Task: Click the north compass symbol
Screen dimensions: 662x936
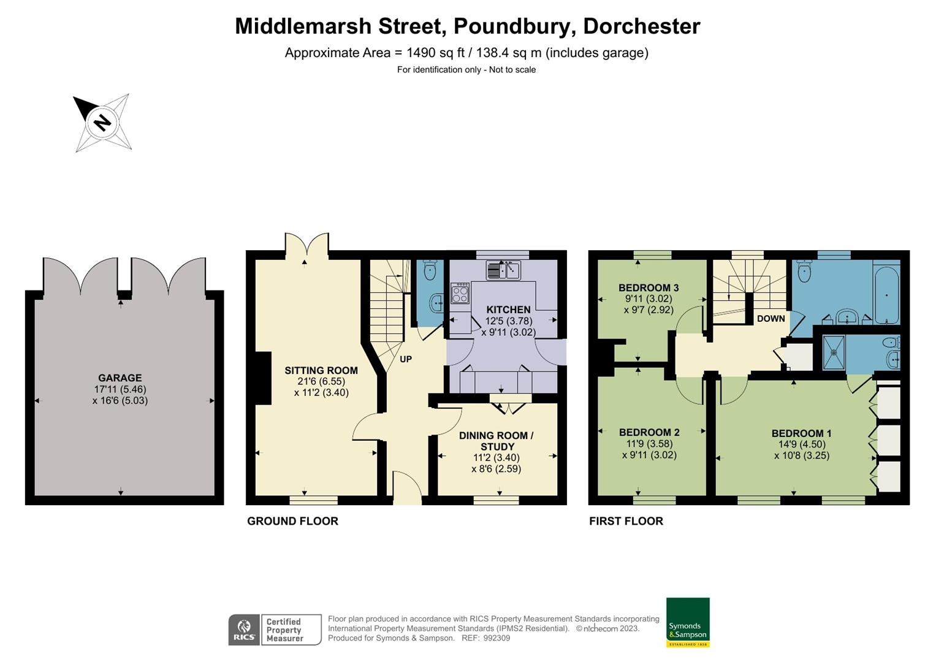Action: [102, 122]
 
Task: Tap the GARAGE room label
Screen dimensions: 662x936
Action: [120, 378]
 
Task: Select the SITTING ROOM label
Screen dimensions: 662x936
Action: [321, 370]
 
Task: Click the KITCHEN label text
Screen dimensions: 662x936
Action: [508, 309]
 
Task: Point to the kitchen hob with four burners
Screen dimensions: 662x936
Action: [460, 293]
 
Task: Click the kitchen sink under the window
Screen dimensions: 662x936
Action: [503, 270]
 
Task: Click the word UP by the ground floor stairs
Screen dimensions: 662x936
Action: [406, 359]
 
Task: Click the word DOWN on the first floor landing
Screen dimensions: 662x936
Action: [770, 318]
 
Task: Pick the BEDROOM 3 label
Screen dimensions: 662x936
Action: [648, 287]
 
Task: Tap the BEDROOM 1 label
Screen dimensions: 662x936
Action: [801, 433]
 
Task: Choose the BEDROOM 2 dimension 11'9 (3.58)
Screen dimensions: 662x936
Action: [649, 444]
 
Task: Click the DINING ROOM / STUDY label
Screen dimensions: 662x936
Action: [496, 441]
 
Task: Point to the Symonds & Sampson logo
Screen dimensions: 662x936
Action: [688, 622]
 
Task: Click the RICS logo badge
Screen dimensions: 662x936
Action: [245, 630]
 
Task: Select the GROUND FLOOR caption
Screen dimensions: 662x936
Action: [292, 521]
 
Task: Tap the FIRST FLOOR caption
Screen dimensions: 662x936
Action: [626, 521]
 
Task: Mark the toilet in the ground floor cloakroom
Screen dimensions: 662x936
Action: [430, 270]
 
